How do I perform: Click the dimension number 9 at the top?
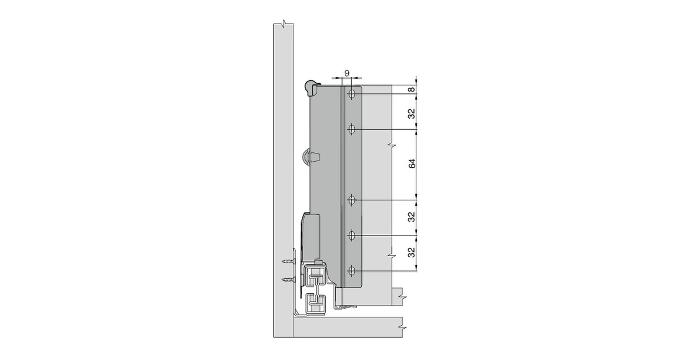pyautogui.click(x=347, y=73)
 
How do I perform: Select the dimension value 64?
pyautogui.click(x=412, y=163)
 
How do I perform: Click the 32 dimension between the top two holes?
pyautogui.click(x=412, y=112)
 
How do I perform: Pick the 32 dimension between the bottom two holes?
pyautogui.click(x=412, y=254)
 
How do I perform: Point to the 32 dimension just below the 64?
pyautogui.click(x=412, y=217)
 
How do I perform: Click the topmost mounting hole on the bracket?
pyautogui.click(x=351, y=94)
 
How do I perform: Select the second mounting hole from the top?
pyautogui.click(x=351, y=129)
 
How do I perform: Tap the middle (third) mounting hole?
pyautogui.click(x=351, y=201)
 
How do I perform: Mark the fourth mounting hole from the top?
pyautogui.click(x=351, y=236)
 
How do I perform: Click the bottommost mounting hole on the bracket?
pyautogui.click(x=351, y=271)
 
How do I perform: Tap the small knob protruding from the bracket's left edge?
pyautogui.click(x=308, y=157)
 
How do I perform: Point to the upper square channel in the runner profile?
pyautogui.click(x=315, y=276)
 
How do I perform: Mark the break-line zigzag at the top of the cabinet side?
pyautogui.click(x=285, y=24)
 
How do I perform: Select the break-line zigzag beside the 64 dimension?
pyautogui.click(x=390, y=145)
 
